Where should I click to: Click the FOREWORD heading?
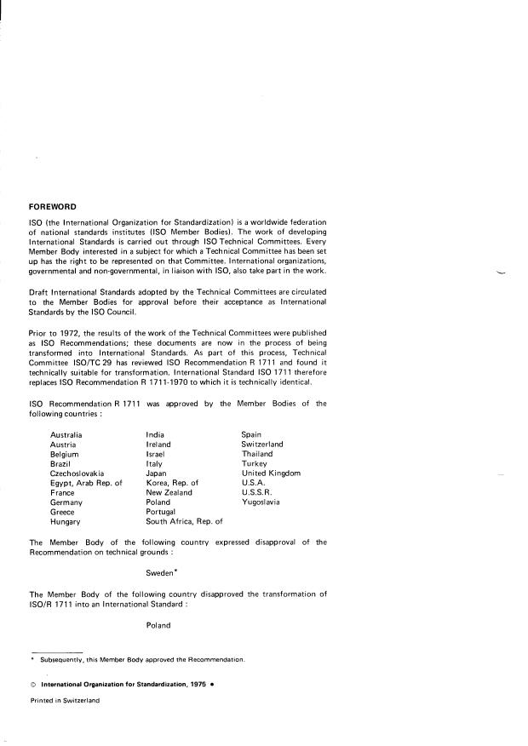pos(53,206)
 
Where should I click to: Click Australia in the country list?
pos(67,434)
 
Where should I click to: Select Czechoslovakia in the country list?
pos(77,473)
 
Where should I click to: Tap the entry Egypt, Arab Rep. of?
pos(86,483)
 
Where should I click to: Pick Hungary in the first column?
pos(66,521)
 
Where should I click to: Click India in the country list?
pos(155,434)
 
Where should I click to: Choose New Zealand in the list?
pos(169,492)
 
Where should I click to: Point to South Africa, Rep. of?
pos(184,521)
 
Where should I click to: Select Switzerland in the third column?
pos(262,444)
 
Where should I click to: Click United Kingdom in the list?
pos(271,473)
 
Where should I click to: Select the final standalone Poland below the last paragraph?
pos(158,624)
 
